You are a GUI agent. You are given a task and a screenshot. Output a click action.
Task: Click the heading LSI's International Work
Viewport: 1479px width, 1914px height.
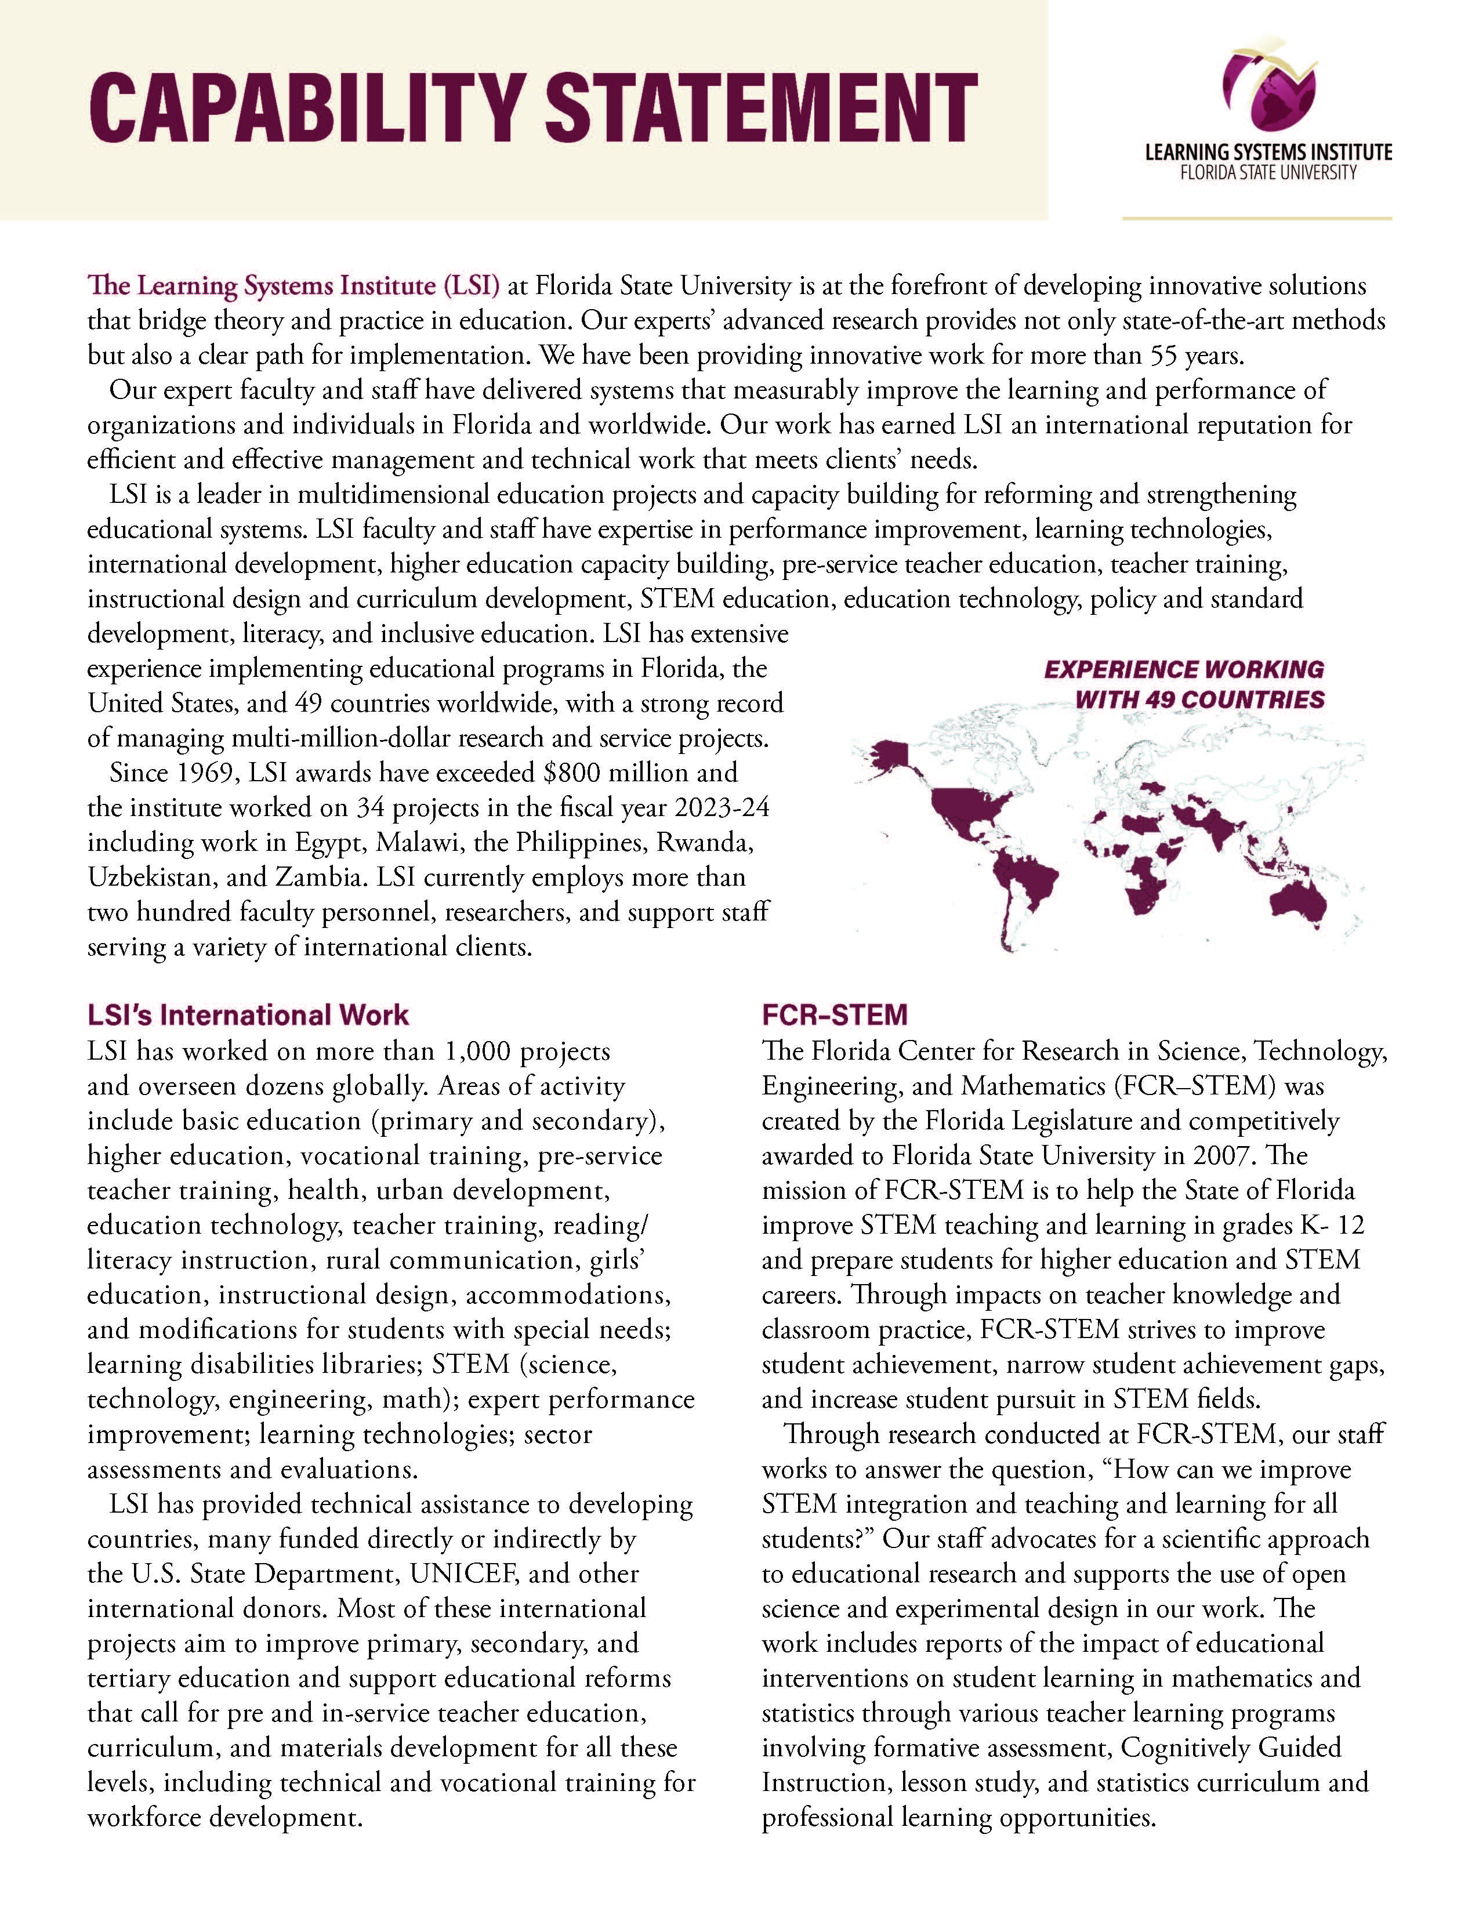248,1015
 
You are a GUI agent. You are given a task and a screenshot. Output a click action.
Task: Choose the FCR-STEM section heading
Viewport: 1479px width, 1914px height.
834,1015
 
